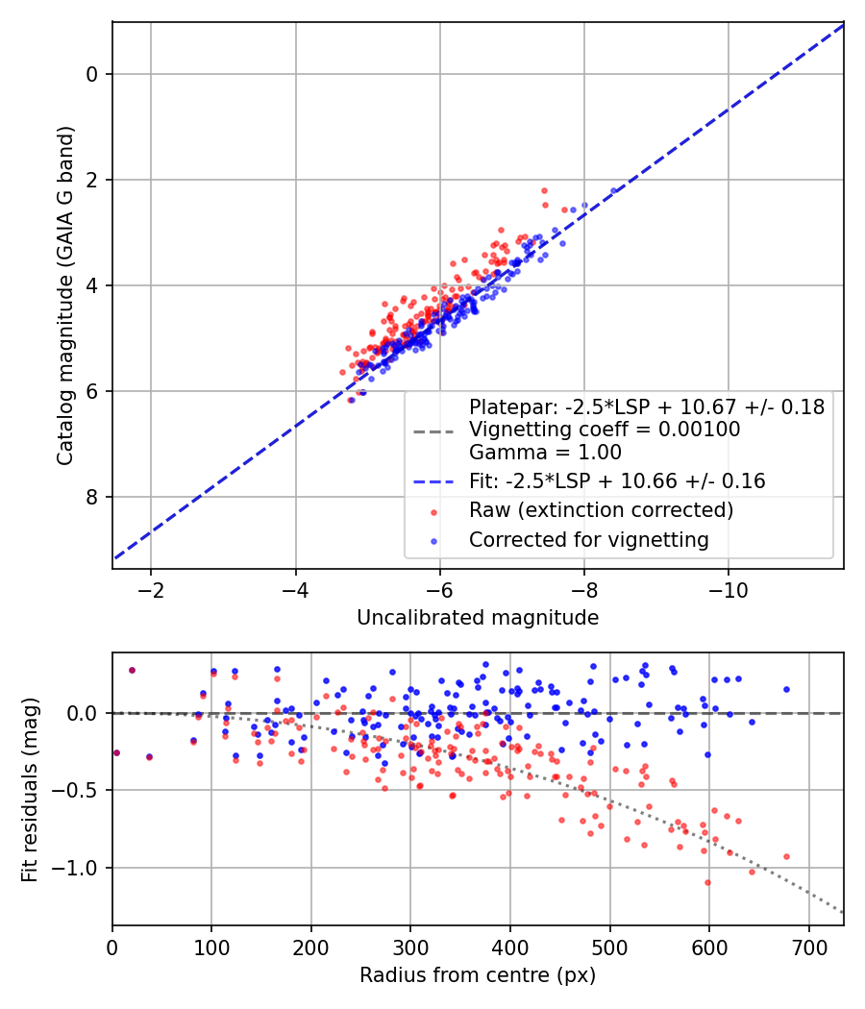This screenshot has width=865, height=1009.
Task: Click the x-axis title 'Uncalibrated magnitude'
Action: [478, 618]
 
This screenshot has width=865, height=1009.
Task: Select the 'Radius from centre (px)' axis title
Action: [478, 975]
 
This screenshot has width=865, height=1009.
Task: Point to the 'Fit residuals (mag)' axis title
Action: [30, 790]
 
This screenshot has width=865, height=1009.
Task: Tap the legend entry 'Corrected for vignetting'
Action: [588, 540]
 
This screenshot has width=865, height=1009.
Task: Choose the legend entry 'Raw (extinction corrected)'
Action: [601, 509]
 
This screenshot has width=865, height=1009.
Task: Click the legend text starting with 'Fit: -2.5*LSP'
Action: [617, 481]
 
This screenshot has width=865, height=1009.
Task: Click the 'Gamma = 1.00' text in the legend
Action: [545, 453]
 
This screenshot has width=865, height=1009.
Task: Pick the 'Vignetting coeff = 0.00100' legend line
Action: [605, 430]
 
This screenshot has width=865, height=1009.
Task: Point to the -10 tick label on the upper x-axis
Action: [728, 588]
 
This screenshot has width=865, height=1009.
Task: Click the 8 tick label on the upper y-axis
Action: [93, 497]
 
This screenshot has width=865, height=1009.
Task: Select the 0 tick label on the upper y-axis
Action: [93, 74]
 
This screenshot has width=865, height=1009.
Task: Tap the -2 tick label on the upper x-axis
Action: [151, 588]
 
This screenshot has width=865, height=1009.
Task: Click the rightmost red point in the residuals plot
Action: [786, 856]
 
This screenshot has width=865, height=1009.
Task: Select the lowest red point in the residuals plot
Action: [707, 882]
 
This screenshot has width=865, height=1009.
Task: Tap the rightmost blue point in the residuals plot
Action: [786, 689]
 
